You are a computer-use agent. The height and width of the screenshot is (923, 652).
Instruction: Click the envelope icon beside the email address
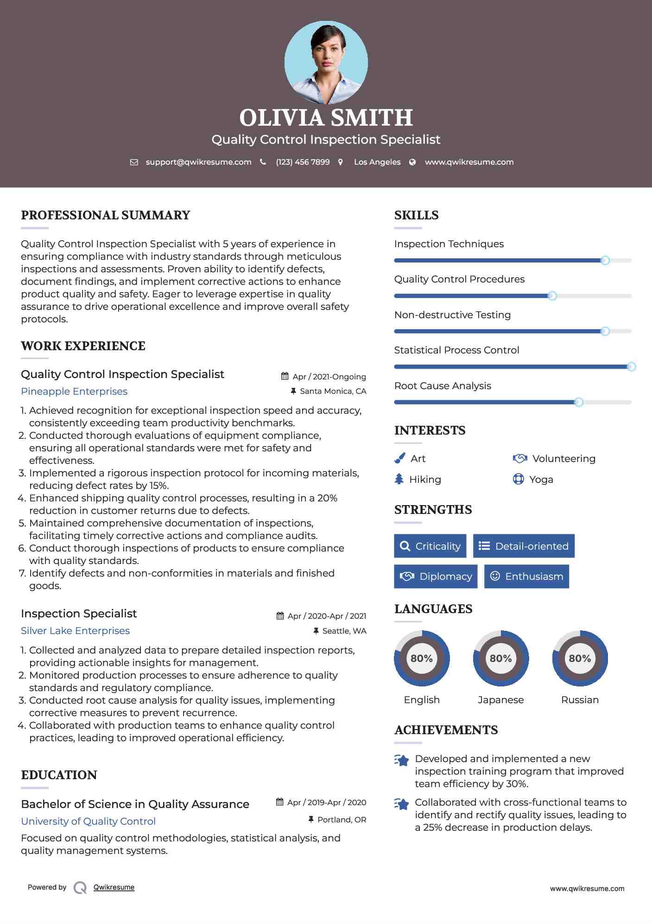pos(134,162)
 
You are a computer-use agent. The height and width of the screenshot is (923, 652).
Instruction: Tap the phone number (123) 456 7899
pos(303,162)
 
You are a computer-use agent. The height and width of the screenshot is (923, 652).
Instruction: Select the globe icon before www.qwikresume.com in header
pos(412,162)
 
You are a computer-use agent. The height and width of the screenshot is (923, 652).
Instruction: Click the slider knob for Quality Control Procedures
pos(552,296)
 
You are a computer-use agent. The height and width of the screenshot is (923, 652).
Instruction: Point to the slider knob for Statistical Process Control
pos(631,367)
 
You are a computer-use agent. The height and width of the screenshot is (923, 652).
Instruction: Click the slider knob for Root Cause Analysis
pos(578,402)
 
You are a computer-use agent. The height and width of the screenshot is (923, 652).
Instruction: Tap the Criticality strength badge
pos(430,546)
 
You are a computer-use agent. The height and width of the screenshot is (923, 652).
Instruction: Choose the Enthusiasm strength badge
pos(526,577)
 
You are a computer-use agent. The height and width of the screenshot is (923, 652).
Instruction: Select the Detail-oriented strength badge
pos(524,546)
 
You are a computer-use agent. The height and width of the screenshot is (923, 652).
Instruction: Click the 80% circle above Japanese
pos(500,658)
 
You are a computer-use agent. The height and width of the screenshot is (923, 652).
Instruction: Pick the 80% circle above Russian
pos(580,658)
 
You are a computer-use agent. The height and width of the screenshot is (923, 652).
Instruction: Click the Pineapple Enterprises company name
pos(74,391)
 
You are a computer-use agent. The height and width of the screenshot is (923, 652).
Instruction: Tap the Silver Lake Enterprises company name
pos(75,631)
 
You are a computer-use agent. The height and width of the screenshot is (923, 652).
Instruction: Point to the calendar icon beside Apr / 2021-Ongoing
pos(285,376)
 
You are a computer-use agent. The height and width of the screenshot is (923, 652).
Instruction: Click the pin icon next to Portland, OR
pos(311,820)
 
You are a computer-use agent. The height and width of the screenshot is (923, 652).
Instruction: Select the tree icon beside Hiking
pos(399,479)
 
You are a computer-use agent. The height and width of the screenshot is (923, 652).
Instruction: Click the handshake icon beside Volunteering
pos(520,458)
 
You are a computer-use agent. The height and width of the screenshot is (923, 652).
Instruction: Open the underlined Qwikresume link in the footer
pos(114,887)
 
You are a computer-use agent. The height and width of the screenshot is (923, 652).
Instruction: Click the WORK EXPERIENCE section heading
pos(83,346)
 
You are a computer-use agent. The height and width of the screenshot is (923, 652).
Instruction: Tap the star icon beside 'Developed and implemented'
pos(402,760)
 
